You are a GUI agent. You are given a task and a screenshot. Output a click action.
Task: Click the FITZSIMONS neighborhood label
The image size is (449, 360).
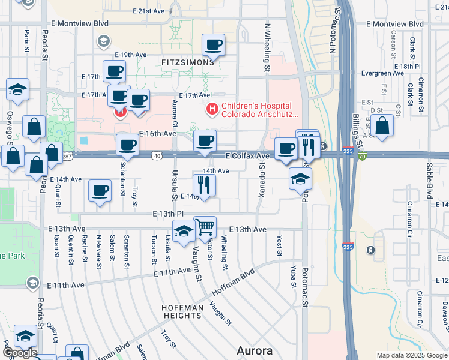(187, 62)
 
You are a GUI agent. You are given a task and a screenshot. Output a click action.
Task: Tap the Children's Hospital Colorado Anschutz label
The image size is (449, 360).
(260, 109)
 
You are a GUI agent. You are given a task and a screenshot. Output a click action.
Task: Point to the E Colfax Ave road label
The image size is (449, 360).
(248, 156)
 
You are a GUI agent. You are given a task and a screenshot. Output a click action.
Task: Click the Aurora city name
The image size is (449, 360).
(255, 350)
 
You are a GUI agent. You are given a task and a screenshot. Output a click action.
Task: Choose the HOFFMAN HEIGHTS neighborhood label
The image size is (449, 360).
(181, 311)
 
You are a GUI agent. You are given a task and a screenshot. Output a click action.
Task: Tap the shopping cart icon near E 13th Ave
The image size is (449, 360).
(205, 227)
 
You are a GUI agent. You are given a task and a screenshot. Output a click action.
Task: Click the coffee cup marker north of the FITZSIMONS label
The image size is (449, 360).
(213, 44)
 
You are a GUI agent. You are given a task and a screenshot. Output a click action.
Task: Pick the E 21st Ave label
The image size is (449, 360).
(149, 11)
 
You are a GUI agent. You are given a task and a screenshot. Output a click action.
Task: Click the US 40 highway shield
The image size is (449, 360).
(157, 155)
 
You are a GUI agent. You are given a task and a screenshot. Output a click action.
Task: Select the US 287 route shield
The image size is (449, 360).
(67, 156)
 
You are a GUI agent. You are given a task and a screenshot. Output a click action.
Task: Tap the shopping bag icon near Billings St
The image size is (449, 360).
(382, 127)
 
